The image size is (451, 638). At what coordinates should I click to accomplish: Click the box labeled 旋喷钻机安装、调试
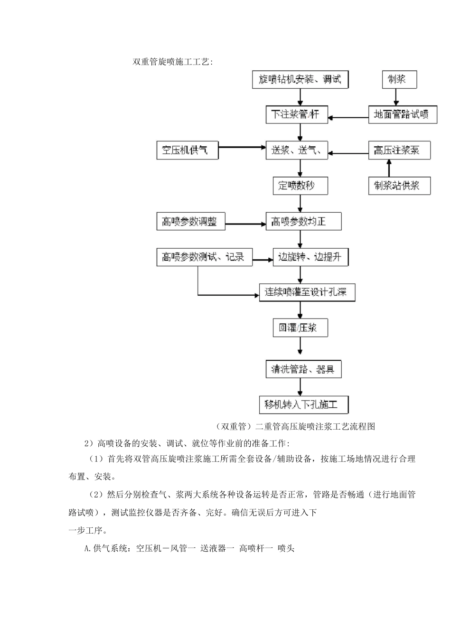coord(300,79)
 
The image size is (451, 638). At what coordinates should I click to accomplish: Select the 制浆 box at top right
coord(399,79)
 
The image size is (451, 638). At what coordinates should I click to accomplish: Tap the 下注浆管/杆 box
coord(296,114)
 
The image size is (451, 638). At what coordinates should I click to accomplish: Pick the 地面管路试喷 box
coord(402,114)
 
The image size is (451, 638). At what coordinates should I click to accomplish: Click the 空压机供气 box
coord(188,150)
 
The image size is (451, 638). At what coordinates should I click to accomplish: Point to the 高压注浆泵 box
coord(399,150)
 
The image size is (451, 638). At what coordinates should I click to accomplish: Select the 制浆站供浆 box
coord(399,186)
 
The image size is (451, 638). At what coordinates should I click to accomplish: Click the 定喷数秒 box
coord(300,186)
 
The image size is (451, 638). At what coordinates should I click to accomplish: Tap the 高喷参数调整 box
coord(191,222)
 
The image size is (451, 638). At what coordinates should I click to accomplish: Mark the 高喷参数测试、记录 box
coord(204,257)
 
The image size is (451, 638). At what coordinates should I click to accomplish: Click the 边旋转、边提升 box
coord(310,257)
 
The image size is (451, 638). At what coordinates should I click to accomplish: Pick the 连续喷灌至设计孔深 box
coord(307,292)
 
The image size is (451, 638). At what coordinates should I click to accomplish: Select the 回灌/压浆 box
coord(300,328)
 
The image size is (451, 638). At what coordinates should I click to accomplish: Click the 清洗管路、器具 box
coord(303,369)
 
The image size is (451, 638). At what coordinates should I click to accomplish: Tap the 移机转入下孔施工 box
coord(303,405)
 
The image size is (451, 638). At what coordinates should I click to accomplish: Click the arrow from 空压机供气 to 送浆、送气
coord(242,147)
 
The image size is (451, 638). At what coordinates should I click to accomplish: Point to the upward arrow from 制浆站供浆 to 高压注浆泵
coord(389,168)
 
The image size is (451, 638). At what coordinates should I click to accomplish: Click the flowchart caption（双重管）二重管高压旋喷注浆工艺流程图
coord(294,426)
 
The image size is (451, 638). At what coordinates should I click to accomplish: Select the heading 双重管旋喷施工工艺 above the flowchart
coord(173,62)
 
